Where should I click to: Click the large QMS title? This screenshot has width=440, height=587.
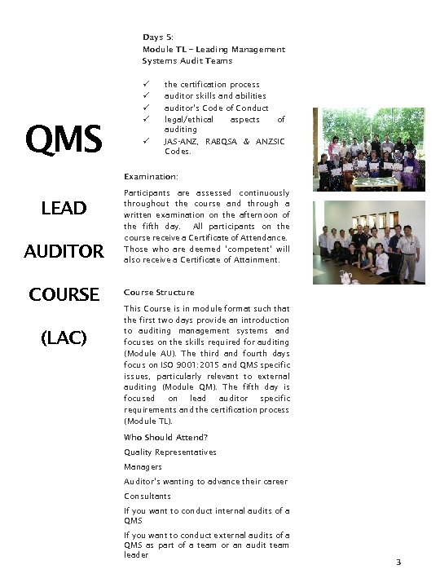tap(64, 139)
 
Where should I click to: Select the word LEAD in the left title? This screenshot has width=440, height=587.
tap(64, 209)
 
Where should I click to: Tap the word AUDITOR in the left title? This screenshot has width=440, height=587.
tap(64, 251)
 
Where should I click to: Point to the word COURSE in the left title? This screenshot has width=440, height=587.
tap(64, 293)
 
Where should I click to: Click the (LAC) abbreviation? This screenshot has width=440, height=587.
tap(64, 336)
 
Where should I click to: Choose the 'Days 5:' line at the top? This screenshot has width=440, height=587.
tap(157, 38)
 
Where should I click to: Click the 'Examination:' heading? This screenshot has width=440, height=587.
tap(151, 176)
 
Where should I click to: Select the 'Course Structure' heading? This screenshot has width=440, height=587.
tap(159, 292)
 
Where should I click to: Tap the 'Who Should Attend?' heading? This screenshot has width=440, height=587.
tap(165, 437)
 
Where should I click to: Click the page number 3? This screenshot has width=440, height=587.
tap(398, 563)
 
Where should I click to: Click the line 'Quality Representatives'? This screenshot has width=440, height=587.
tap(170, 452)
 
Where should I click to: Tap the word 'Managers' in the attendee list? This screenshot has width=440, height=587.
tap(143, 466)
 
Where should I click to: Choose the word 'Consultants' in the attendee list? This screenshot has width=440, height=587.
tap(147, 496)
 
